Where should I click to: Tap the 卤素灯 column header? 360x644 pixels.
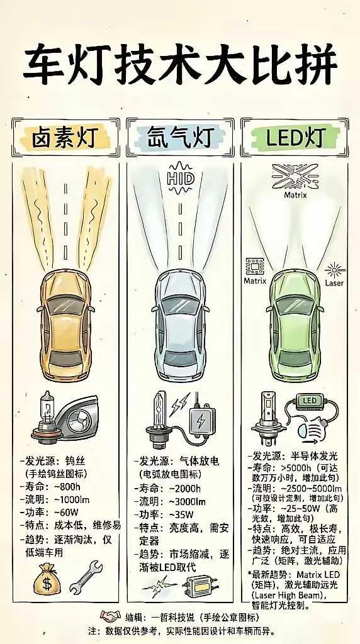coord(65,136)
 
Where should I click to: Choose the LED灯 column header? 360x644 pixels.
coord(295,136)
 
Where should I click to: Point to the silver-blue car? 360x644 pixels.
coord(180,327)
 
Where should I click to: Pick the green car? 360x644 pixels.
coord(295,327)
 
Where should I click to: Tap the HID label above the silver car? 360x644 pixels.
coord(180,178)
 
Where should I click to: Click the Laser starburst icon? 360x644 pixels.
coord(335,271)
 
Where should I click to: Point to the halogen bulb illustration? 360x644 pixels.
coord(47,416)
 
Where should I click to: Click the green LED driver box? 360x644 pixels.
coord(309,401)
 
